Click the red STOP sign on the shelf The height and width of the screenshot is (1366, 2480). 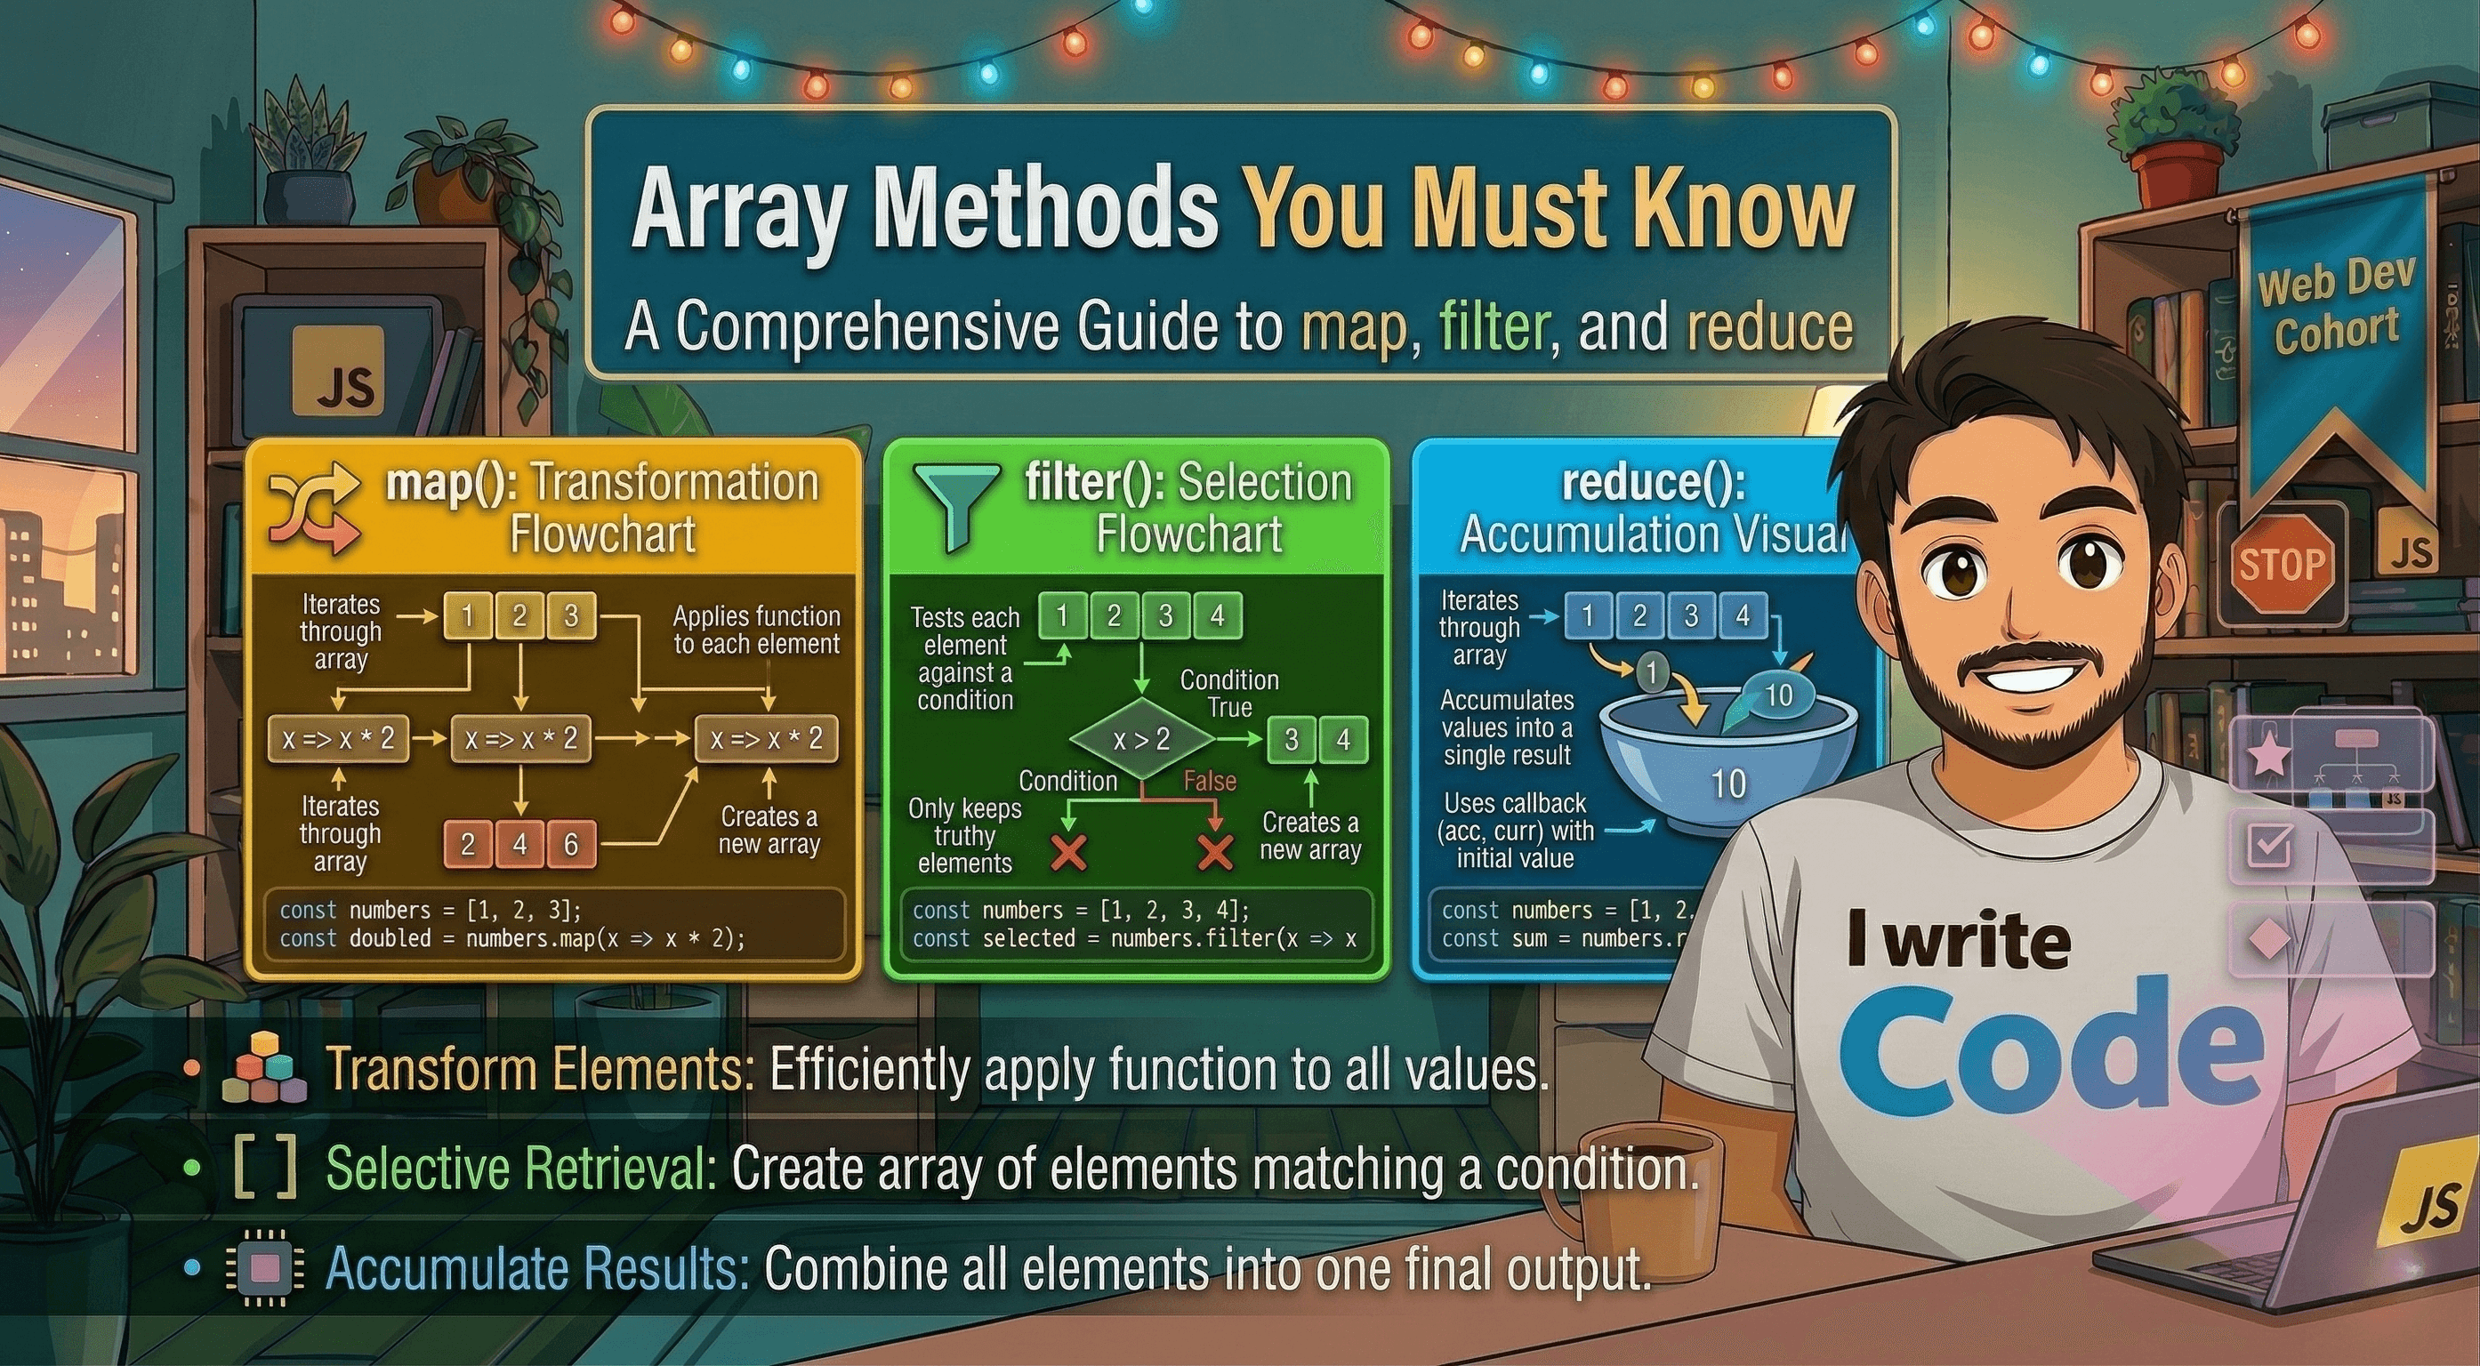(2280, 563)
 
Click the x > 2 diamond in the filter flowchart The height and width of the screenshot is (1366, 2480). (1142, 739)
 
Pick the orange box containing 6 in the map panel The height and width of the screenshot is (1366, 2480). (571, 844)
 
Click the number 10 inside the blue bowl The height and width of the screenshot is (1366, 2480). (1728, 783)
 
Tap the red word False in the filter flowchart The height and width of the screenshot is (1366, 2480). (1209, 781)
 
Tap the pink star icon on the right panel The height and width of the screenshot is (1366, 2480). (2268, 754)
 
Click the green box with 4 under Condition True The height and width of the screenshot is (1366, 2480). (1343, 739)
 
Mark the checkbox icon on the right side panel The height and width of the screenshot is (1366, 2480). (2269, 844)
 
